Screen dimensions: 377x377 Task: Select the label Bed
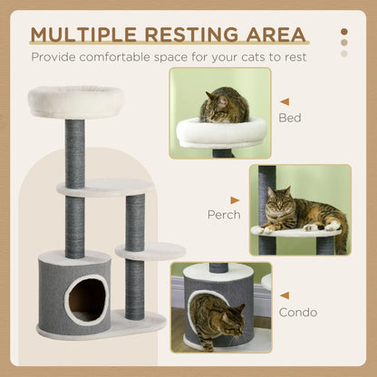pyautogui.click(x=290, y=118)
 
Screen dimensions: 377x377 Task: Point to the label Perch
pyautogui.click(x=223, y=215)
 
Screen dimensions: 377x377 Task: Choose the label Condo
pyautogui.click(x=298, y=313)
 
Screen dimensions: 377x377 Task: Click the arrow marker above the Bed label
pyautogui.click(x=285, y=101)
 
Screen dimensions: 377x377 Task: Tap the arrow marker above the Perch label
pyautogui.click(x=235, y=199)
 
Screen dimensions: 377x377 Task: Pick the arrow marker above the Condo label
pyautogui.click(x=285, y=295)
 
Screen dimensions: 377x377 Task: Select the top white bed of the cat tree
pyautogui.click(x=76, y=100)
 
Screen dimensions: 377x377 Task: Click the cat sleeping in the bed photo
pyautogui.click(x=224, y=107)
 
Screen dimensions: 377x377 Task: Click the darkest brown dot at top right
pyautogui.click(x=343, y=32)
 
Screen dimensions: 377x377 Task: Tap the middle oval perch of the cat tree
pyautogui.click(x=104, y=187)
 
